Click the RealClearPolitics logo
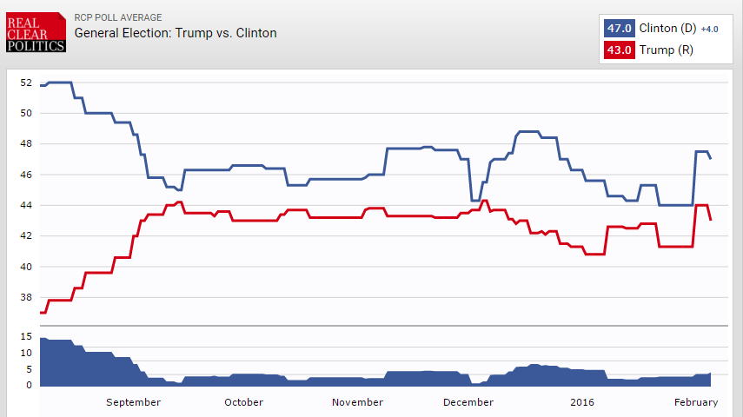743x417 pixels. pos(36,31)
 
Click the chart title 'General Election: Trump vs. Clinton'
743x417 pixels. pos(176,33)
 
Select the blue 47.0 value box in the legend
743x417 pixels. pos(619,28)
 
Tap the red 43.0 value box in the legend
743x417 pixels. pos(619,50)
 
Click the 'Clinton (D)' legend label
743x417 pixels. pos(667,28)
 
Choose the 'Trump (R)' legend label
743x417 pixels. pos(666,50)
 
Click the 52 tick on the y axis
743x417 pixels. pos(25,83)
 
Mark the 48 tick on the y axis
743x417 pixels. pos(25,144)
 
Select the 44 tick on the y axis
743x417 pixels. pos(25,206)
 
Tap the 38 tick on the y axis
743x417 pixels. pos(25,298)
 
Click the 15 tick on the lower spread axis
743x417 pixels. pos(25,338)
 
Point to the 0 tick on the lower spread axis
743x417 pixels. pos(28,385)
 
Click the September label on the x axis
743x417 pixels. pos(133,402)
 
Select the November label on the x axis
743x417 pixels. pos(358,402)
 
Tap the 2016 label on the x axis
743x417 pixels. pos(582,402)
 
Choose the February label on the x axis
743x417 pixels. pos(695,402)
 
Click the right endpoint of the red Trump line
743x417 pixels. pos(711,221)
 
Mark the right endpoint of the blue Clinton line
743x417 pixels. pos(711,159)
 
